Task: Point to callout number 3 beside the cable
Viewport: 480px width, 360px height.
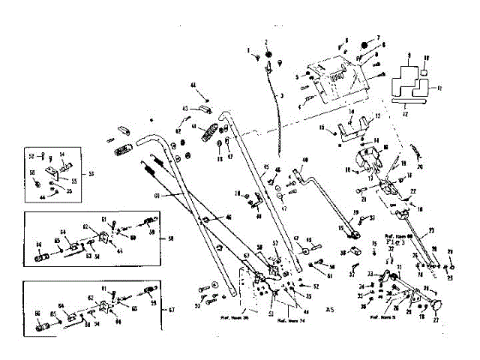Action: click(x=282, y=97)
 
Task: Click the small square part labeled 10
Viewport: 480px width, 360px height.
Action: click(x=424, y=72)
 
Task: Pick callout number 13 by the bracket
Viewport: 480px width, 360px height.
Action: click(x=377, y=118)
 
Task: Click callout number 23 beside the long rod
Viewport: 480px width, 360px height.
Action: click(x=431, y=230)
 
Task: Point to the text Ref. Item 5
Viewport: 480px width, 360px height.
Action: click(x=383, y=318)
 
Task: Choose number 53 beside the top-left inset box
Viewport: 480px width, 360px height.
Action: click(x=91, y=173)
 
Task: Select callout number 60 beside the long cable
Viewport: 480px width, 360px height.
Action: click(x=157, y=195)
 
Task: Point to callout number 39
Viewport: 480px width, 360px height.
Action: click(x=356, y=212)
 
